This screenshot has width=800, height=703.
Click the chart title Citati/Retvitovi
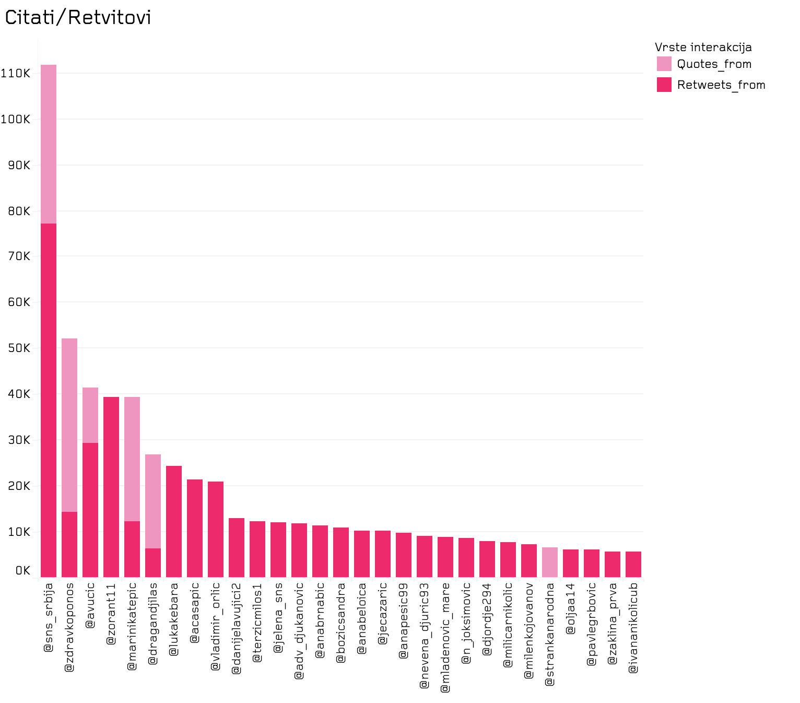(78, 18)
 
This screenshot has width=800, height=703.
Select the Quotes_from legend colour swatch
(664, 64)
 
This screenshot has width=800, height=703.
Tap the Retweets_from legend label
(721, 85)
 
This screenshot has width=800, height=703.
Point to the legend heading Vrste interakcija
(703, 47)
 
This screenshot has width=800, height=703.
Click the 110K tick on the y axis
(16, 73)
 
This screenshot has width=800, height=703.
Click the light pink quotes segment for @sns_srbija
(49, 144)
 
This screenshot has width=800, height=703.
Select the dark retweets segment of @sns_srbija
(49, 400)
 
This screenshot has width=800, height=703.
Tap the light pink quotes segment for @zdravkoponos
(69, 425)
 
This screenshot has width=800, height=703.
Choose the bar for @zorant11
(111, 487)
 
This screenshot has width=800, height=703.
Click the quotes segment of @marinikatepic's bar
(132, 459)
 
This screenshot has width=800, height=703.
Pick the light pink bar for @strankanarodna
(550, 562)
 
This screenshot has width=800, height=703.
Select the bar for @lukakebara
(174, 521)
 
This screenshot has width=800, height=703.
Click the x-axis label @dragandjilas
(153, 624)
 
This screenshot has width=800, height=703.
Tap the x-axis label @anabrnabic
(320, 620)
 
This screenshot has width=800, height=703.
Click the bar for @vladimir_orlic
(216, 529)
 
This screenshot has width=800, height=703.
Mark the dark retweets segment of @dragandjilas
(153, 563)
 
